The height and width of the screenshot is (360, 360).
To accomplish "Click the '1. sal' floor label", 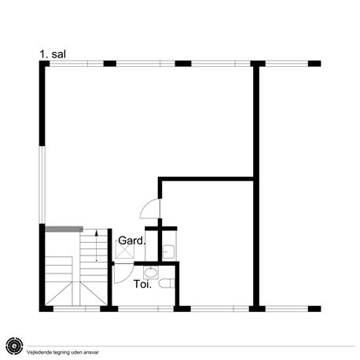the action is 53,54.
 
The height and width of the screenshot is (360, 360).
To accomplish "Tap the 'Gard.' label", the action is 131,241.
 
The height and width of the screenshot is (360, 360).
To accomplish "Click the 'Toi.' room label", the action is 142,284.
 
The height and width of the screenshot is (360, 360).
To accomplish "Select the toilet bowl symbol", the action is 167,284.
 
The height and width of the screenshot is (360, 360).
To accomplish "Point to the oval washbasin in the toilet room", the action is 151,272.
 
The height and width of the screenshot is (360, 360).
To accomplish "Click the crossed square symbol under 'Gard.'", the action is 125,249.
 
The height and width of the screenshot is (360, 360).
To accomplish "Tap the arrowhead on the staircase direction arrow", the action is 97,233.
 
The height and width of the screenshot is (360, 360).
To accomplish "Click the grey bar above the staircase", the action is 64,230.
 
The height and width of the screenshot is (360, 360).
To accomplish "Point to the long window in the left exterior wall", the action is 42,185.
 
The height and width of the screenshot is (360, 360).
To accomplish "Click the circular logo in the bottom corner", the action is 14,346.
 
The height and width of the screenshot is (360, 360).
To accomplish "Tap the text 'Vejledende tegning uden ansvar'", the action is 63,352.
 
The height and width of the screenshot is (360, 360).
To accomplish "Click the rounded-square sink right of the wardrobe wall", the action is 168,252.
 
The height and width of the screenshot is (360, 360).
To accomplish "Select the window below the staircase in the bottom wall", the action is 77,309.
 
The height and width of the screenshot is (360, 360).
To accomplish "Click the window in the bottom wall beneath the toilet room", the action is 145,309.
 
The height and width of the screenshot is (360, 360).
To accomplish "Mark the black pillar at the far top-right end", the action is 314,64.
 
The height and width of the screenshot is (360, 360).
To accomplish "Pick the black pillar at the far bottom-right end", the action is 314,309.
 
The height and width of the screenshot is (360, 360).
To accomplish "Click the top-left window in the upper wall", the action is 76,64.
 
